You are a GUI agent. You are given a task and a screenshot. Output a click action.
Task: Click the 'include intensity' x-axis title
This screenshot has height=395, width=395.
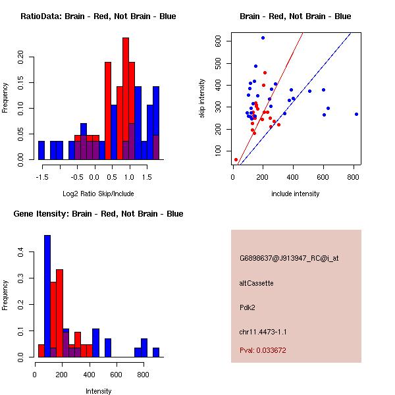tap(296, 194)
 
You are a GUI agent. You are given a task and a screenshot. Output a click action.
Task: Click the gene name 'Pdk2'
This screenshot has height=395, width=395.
tap(248, 307)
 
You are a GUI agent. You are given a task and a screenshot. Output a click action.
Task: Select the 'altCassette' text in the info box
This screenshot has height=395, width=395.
tap(256, 283)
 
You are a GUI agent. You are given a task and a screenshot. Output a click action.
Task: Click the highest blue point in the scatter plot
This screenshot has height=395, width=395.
tap(263, 38)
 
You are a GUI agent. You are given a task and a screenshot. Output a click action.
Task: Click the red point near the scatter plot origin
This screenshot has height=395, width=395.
tap(236, 159)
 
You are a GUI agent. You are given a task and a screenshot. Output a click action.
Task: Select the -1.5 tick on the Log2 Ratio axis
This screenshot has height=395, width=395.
tap(41, 177)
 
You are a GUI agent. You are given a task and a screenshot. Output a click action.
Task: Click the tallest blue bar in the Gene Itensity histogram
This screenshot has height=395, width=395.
tap(47, 296)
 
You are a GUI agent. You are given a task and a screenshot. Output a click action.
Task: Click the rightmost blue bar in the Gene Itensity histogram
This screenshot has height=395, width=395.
tap(156, 352)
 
